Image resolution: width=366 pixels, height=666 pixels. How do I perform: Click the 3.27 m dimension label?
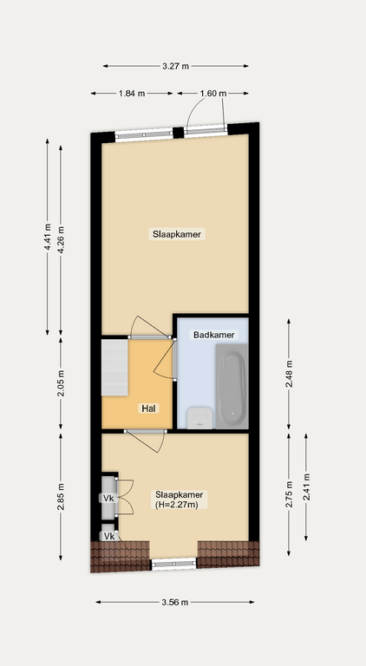pos(175,66)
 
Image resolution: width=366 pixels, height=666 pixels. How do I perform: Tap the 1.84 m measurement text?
pos(132,94)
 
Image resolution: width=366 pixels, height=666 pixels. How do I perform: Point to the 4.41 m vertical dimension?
pos(48,237)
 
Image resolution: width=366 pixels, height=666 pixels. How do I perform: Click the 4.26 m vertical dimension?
pos(61,240)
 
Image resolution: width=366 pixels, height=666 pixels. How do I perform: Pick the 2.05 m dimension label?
pos(61,383)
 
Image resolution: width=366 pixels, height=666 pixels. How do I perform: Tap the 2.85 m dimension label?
pos(61,497)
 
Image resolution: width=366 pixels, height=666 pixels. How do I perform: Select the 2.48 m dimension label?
pos(289,374)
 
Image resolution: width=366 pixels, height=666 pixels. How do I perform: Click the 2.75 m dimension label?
pos(289,494)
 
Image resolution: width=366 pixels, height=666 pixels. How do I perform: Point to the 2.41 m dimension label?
pos(306,487)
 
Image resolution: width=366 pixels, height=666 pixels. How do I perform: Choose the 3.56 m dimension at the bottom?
pos(175,603)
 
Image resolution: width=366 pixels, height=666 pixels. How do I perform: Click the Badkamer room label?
pos(213,335)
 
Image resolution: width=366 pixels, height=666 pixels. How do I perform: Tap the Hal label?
pos(148,408)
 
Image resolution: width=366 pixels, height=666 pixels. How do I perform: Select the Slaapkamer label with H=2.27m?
pos(179,499)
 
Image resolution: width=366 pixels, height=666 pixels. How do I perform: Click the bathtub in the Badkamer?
pos(232,386)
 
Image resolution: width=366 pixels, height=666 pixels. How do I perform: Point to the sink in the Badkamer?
pos(199,418)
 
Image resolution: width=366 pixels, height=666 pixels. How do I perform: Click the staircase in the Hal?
pos(114,367)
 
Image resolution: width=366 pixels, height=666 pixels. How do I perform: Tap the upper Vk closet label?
pos(108,499)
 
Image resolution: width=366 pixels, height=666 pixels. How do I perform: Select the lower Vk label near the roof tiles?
pos(109,537)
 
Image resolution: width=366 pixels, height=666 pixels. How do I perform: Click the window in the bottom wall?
pos(174,564)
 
